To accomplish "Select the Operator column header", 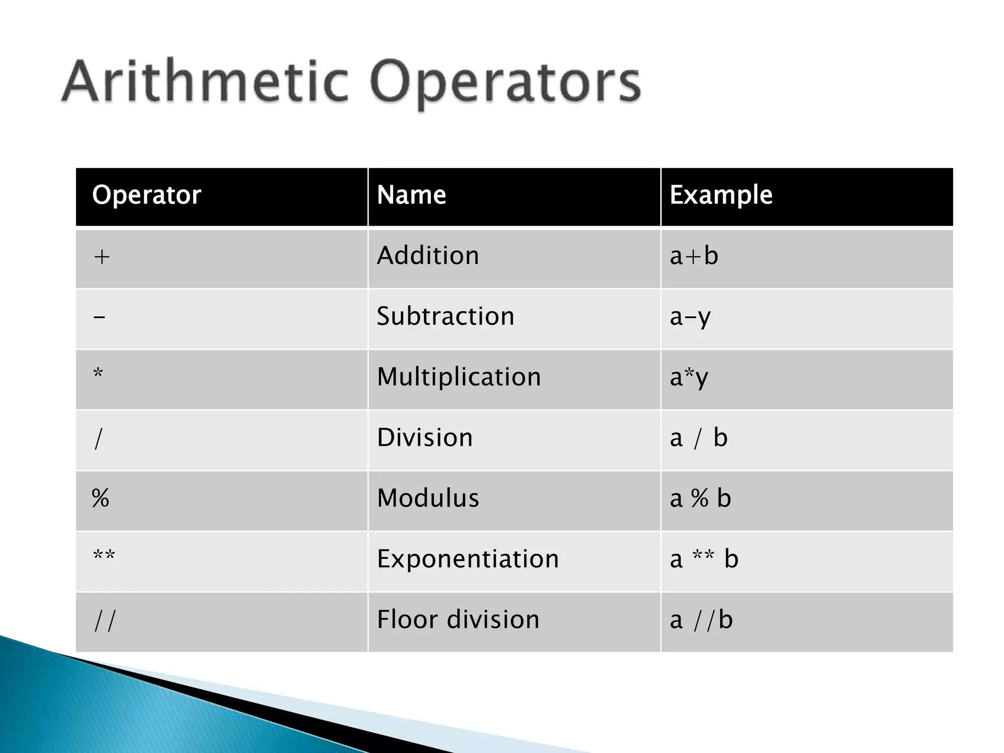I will [147, 195].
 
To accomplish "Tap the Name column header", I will [411, 195].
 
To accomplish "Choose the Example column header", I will [721, 195].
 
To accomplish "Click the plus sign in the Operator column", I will [101, 257].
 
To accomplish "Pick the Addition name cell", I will [427, 255].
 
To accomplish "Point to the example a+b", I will [694, 256].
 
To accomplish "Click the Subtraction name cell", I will [445, 316].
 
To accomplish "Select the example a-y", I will [690, 317].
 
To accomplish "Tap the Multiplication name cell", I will [458, 377].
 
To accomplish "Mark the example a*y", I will [689, 377].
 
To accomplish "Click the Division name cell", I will [425, 437].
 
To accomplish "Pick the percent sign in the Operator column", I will [100, 498].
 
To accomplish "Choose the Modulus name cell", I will [427, 498].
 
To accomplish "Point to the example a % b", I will [700, 498].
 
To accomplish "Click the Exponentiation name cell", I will [468, 559].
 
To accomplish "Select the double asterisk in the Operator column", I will [104, 556].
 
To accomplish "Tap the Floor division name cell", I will [458, 619].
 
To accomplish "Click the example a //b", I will [701, 620].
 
